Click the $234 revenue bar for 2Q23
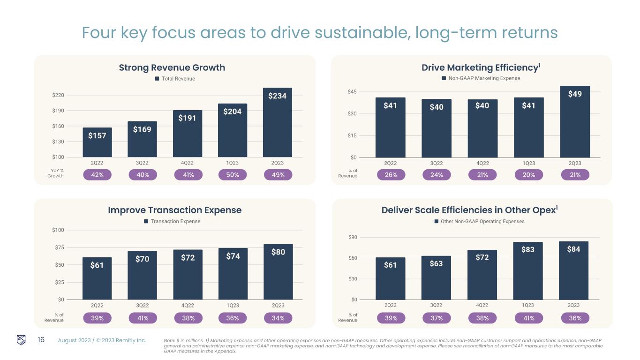pos(278,122)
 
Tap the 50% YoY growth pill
pos(233,175)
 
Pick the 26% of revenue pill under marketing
pos(391,175)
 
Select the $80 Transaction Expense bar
pos(278,271)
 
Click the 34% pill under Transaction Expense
pos(278,318)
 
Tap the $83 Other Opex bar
pos(527,270)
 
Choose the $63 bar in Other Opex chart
pos(436,277)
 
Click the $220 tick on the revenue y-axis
pos(58,95)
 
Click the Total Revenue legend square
pos(158,79)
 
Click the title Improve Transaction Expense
pos(174,210)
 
